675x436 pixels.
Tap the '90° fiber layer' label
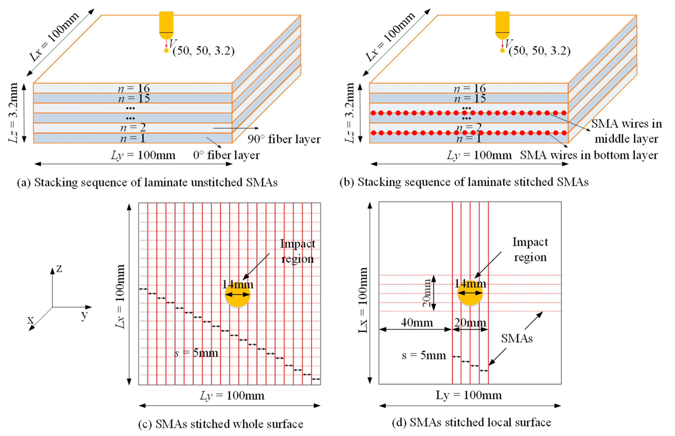click(284, 139)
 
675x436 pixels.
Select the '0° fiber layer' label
click(226, 155)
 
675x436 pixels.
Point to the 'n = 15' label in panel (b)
click(470, 98)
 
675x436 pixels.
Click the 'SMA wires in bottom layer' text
click(589, 155)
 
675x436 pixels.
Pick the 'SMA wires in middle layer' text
click(626, 131)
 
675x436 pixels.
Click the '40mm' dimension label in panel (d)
click(417, 323)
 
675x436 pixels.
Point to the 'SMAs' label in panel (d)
click(517, 338)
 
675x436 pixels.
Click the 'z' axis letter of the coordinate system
click(59, 268)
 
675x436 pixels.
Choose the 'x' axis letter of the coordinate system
click(30, 320)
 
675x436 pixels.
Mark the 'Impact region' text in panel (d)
click(530, 249)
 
